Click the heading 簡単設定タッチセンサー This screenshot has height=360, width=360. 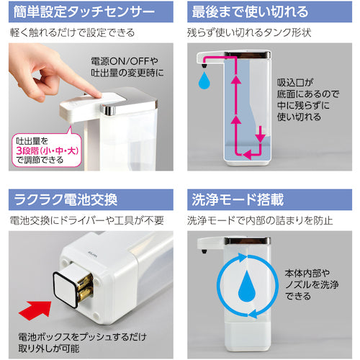pyautogui.click(x=84, y=12)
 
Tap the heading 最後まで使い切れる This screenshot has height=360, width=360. pyautogui.click(x=250, y=12)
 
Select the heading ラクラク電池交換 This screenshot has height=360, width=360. pyautogui.click(x=66, y=199)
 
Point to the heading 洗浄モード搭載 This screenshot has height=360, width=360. pyautogui.click(x=238, y=199)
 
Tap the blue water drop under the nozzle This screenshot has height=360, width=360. pyautogui.click(x=204, y=81)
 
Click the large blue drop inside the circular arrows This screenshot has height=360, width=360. pyautogui.click(x=247, y=286)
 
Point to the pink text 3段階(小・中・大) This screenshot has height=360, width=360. pyautogui.click(x=48, y=151)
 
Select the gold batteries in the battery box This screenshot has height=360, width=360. pyautogui.click(x=85, y=287)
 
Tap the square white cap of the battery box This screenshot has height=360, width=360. pyautogui.click(x=66, y=289)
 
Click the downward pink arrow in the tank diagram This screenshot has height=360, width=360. pyautogui.click(x=261, y=135)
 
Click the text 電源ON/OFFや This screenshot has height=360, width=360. pyautogui.click(x=125, y=61)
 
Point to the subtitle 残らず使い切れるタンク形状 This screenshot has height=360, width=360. pyautogui.click(x=249, y=32)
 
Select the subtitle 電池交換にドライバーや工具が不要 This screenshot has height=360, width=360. pyautogui.click(x=87, y=220)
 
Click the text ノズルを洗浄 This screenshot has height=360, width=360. pyautogui.click(x=312, y=284)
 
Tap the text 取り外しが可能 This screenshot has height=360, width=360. pyautogui.click(x=49, y=348)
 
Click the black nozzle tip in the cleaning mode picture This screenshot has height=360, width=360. pyautogui.click(x=204, y=251)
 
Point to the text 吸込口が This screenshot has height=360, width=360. pyautogui.click(x=295, y=83)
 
